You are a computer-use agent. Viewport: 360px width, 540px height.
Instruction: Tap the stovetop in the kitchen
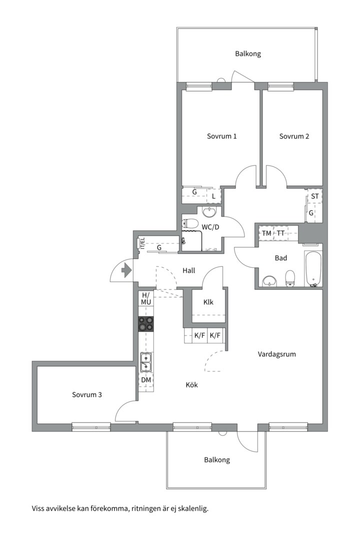(x=145, y=323)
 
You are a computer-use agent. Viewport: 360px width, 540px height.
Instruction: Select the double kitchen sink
(x=145, y=361)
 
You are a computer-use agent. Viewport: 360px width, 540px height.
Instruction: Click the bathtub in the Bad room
(x=313, y=268)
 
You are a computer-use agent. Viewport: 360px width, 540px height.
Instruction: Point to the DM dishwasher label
(x=146, y=380)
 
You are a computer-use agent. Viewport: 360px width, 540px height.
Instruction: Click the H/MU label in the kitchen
(x=146, y=298)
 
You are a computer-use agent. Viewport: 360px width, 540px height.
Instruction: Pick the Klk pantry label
(x=208, y=302)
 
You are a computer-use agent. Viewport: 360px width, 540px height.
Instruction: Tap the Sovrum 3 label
(x=87, y=394)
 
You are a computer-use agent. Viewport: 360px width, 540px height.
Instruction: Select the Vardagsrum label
(x=276, y=354)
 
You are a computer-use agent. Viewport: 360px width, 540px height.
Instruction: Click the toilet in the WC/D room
(x=190, y=224)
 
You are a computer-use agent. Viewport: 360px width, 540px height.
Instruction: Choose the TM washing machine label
(x=266, y=233)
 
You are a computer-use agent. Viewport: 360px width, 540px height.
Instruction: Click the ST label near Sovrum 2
(x=314, y=196)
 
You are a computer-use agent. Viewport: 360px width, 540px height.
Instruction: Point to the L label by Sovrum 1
(x=213, y=196)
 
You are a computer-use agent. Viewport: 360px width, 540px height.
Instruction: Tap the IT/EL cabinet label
(x=142, y=243)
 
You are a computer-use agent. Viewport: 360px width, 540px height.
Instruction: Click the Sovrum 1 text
(x=221, y=136)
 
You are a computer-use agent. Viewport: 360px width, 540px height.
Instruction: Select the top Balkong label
(x=248, y=53)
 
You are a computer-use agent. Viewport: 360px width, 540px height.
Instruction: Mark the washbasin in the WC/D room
(x=210, y=212)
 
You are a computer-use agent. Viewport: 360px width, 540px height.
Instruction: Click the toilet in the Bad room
(x=290, y=278)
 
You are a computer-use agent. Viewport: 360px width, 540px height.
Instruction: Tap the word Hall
(x=189, y=270)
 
